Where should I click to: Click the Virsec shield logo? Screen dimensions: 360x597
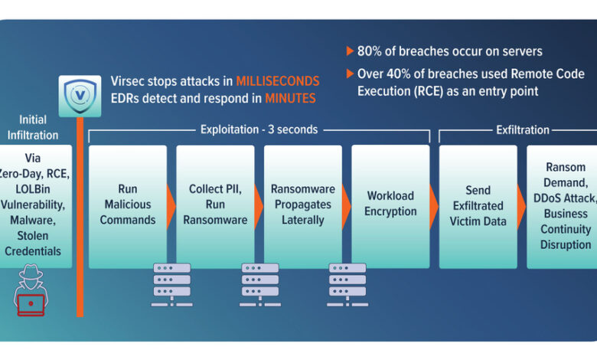tap(80, 95)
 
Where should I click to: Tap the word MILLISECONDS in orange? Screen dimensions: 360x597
tap(277, 81)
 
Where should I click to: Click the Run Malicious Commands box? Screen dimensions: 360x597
tap(127, 207)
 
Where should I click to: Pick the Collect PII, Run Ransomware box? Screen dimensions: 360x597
tap(214, 207)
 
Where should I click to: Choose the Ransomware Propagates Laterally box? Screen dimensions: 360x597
tap(302, 207)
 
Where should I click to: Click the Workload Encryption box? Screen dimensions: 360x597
tap(390, 207)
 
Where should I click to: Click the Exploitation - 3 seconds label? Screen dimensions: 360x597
tap(259, 130)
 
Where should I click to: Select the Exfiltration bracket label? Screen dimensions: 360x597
tap(522, 130)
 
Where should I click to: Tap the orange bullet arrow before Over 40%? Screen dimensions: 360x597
tap(350, 74)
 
